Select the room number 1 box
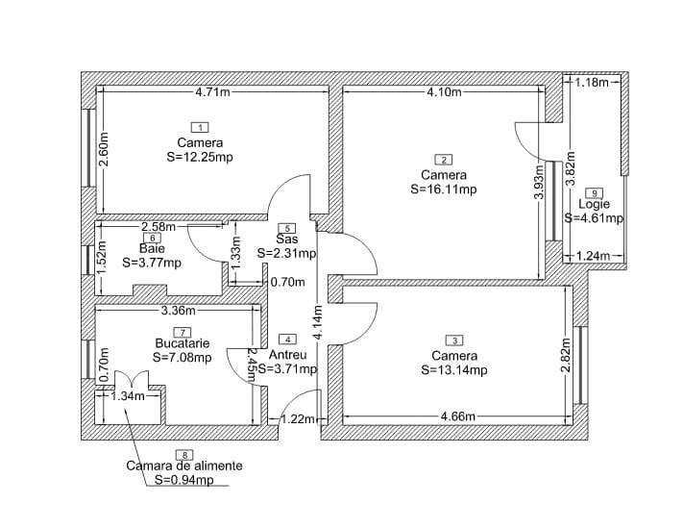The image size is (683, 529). pyautogui.click(x=200, y=127)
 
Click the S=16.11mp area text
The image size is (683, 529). pyautogui.click(x=443, y=189)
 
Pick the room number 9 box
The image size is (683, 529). pyautogui.click(x=594, y=192)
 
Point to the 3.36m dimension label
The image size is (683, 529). pyautogui.click(x=179, y=311)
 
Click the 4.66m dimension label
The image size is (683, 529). pyautogui.click(x=457, y=417)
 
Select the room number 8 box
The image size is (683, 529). pyautogui.click(x=183, y=454)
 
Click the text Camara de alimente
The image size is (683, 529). pyautogui.click(x=184, y=466)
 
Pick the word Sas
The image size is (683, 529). pyautogui.click(x=287, y=239)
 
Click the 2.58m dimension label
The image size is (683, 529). pyautogui.click(x=159, y=227)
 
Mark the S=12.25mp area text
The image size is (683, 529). pyautogui.click(x=200, y=157)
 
